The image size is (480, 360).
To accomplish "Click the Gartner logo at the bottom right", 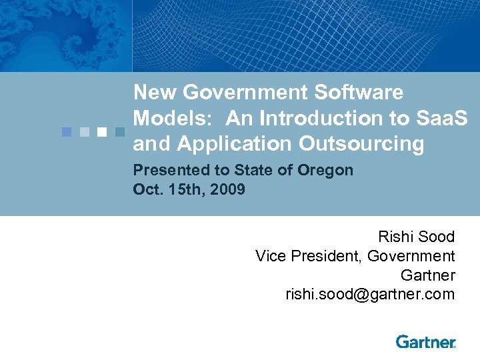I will [x=425, y=342].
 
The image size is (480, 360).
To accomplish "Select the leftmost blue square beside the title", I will [x=67, y=131].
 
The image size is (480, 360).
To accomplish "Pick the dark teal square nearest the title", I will [x=119, y=131].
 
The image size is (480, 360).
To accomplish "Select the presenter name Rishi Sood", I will [x=416, y=237].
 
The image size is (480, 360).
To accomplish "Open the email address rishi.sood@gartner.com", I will [x=370, y=294].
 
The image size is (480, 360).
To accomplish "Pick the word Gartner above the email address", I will [x=427, y=275].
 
